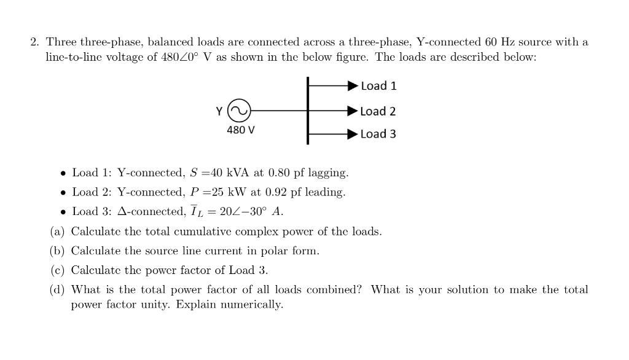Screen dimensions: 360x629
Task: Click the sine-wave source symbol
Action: coord(238,111)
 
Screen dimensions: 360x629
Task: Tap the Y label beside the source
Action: coord(219,111)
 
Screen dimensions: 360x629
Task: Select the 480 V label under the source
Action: coord(241,130)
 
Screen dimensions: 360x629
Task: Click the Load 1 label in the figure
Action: coord(378,86)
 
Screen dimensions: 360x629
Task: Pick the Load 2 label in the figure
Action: coord(378,111)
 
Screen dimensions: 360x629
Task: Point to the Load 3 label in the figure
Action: coord(378,134)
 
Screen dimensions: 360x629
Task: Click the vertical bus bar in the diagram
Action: coord(308,111)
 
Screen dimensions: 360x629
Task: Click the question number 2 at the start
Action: coord(34,42)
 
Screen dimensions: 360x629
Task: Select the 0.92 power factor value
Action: coord(277,192)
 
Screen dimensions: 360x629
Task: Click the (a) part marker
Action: coord(58,232)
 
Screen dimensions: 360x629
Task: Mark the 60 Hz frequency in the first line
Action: coord(500,42)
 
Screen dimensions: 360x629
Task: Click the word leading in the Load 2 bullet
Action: coord(326,192)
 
